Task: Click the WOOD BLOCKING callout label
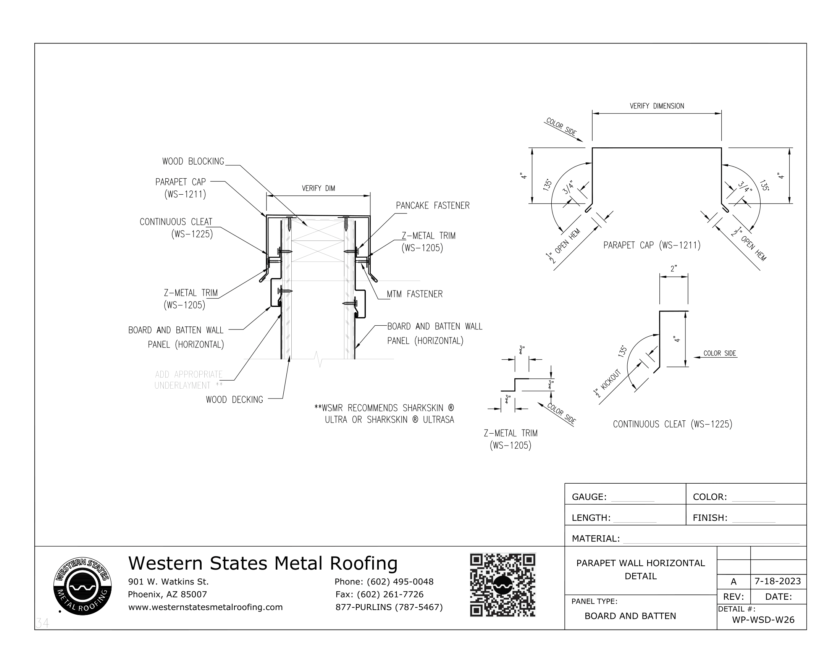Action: coord(193,161)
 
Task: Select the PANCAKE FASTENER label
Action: coord(432,206)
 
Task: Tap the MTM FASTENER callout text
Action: coord(414,294)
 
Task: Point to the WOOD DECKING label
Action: coord(234,400)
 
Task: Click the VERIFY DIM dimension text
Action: coord(318,188)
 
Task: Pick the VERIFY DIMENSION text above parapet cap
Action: coord(657,106)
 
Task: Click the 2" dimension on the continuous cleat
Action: coord(674,269)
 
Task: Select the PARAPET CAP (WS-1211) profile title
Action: coord(651,245)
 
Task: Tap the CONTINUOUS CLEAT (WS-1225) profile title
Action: coord(672,425)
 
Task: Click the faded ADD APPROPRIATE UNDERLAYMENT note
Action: coord(189,380)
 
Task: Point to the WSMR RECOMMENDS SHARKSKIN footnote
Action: coord(384,414)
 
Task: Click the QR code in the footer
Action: coord(502,585)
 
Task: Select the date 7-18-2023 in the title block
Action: coord(777,581)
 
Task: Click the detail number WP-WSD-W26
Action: coord(763,620)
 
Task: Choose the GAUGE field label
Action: coord(589,497)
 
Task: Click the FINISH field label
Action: coord(710,518)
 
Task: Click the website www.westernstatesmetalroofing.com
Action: coord(205,607)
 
